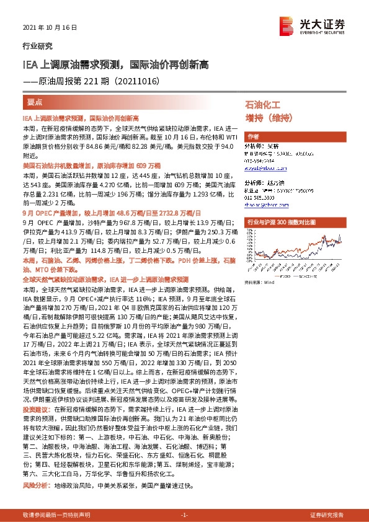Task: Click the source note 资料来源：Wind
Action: click(x=259, y=283)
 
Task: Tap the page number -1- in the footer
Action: click(x=184, y=515)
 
